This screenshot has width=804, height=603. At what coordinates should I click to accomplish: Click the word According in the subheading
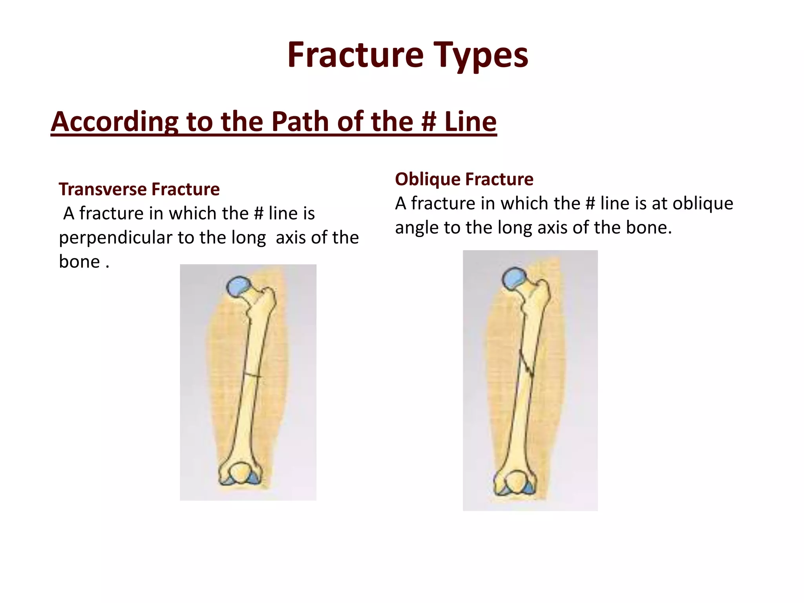pos(114,121)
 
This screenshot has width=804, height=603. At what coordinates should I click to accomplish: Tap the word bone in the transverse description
pos(79,262)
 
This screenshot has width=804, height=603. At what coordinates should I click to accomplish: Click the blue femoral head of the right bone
pos(515,278)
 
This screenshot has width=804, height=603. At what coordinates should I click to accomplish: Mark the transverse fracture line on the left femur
pos(252,375)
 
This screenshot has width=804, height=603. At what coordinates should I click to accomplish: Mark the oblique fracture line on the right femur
pos(526,363)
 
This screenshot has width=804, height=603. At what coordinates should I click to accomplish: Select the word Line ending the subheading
pos(470,121)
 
